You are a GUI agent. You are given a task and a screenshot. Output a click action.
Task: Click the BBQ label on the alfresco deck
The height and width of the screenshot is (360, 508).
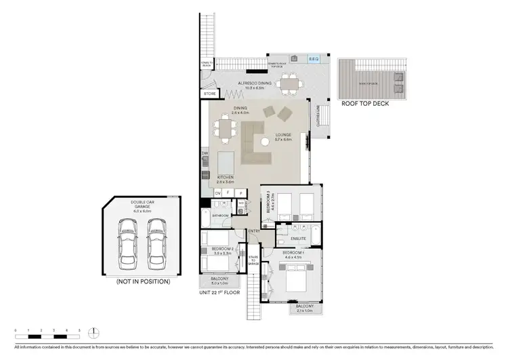[x=314, y=59]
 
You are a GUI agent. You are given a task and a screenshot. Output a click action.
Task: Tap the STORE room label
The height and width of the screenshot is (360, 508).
[x=210, y=94]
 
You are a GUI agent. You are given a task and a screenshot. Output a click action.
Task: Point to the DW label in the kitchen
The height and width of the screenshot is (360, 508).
[x=205, y=153]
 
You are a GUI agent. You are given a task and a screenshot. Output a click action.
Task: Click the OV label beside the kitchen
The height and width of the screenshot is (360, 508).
[x=218, y=194]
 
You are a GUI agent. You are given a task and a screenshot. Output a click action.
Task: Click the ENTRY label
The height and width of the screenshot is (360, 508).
[x=254, y=232]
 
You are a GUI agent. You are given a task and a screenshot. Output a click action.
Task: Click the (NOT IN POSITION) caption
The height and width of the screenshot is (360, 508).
[x=143, y=281]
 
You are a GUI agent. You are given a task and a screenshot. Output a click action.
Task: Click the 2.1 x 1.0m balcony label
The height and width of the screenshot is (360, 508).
[x=304, y=308]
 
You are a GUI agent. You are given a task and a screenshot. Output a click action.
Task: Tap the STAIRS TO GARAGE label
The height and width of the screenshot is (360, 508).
[x=253, y=261]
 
